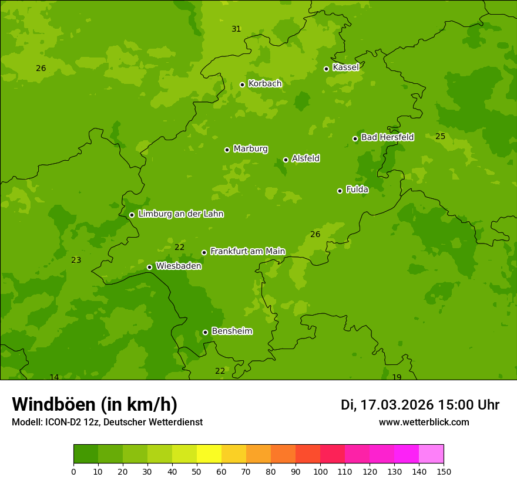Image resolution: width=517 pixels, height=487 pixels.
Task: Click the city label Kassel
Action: tap(345, 67)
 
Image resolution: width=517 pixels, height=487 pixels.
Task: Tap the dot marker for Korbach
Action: tap(242, 84)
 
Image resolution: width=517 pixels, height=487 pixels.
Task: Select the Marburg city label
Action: tap(250, 149)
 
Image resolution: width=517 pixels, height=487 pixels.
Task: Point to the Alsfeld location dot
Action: tap(286, 160)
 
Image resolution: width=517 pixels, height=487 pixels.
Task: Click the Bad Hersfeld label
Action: tap(387, 137)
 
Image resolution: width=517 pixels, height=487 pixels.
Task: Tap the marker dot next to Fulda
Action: tap(340, 191)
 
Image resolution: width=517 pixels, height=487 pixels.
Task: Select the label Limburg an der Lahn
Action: tap(180, 214)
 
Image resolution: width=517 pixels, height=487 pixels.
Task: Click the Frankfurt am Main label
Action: tap(247, 251)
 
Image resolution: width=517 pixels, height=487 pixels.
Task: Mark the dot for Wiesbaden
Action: tap(149, 267)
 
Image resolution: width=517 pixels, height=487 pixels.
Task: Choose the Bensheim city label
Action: tap(231, 331)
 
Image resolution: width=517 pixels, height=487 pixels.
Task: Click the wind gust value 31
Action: tap(236, 29)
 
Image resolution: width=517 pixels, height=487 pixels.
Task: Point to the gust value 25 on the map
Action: tap(440, 136)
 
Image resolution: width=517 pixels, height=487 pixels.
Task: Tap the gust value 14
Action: tap(54, 377)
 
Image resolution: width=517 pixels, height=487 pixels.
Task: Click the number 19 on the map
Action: tap(397, 377)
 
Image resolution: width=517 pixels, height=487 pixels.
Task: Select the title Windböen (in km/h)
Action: tap(95, 404)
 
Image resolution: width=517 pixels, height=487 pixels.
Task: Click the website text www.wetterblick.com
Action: tap(424, 422)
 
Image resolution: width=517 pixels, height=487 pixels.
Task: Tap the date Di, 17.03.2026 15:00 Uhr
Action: tap(420, 405)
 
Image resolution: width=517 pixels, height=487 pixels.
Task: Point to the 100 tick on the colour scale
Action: tap(320, 471)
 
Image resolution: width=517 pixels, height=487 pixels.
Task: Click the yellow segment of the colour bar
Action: tap(209, 454)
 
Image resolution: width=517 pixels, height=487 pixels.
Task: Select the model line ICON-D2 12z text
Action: tap(107, 422)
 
